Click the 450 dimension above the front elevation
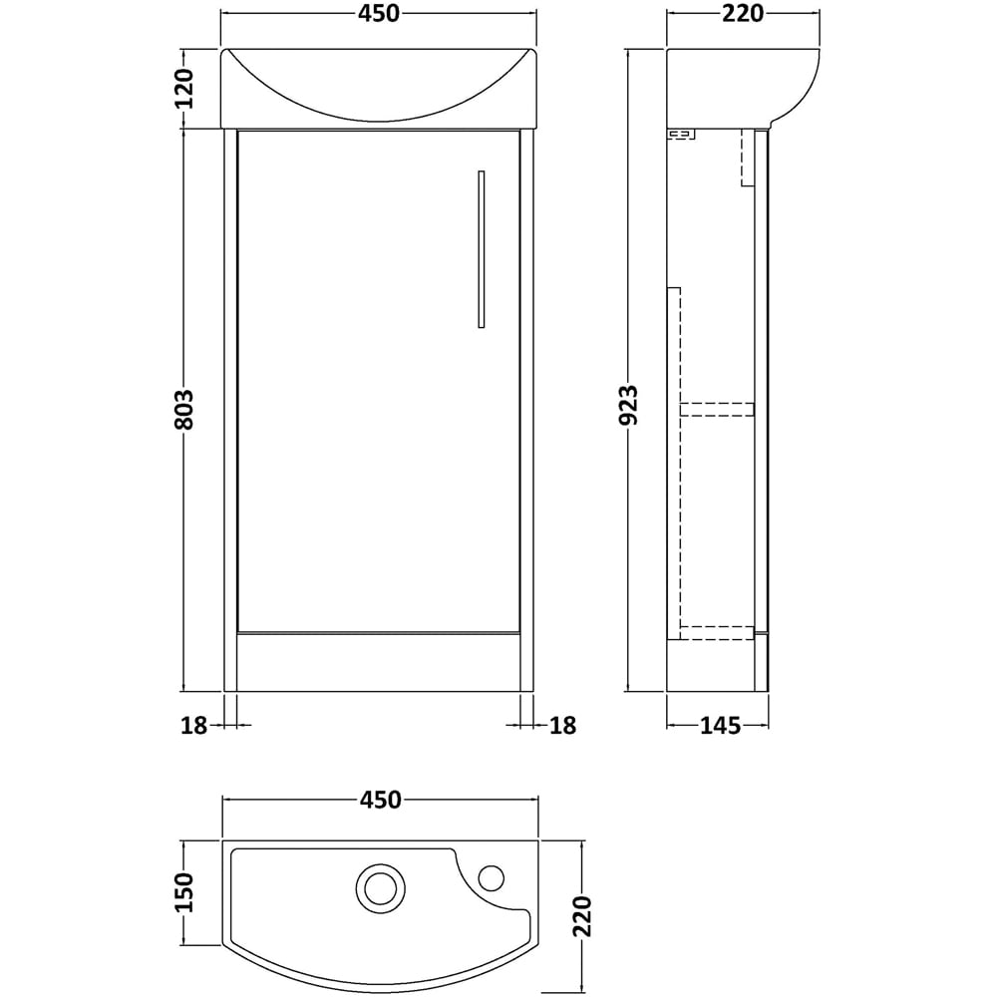(379, 14)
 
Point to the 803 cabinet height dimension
(182, 410)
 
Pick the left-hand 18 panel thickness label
(194, 726)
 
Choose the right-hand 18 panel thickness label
(563, 726)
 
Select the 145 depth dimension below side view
(719, 726)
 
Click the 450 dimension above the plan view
(379, 800)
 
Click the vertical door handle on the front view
(480, 249)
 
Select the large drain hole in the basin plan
(380, 884)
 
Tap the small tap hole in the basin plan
(492, 877)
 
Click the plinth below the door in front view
(379, 661)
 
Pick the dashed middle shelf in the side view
(717, 408)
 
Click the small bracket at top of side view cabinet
(681, 133)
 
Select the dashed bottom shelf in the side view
(717, 631)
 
